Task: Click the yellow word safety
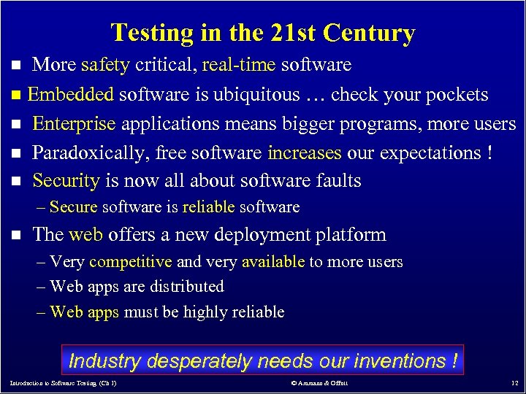[x=105, y=65]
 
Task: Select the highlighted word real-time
[x=240, y=65]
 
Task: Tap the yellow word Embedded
[x=71, y=94]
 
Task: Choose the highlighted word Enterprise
[x=74, y=123]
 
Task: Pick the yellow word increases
[x=304, y=152]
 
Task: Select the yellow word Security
[x=66, y=180]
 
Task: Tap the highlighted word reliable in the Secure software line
[x=208, y=207]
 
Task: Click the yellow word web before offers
[x=85, y=234]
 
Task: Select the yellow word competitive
[x=130, y=261]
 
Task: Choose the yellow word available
[x=272, y=261]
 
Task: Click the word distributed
[x=189, y=287]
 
